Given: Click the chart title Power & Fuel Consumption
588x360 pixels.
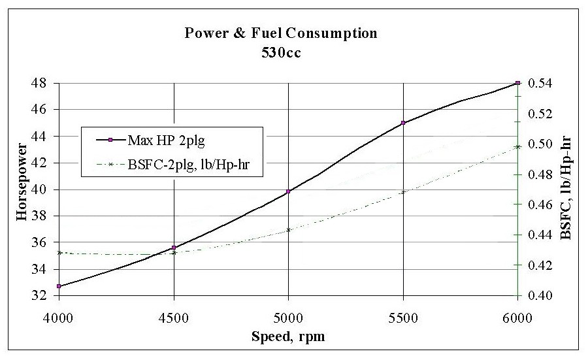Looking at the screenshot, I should coord(280,32).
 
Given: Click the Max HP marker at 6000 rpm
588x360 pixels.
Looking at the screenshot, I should coord(517,83).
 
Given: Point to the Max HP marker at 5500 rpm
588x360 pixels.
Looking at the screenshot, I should coord(403,123).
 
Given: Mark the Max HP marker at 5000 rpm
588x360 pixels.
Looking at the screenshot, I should coord(288,191).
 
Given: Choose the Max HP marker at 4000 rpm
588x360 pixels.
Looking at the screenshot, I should coord(59,286).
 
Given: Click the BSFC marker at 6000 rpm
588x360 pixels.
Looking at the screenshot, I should coord(517,146).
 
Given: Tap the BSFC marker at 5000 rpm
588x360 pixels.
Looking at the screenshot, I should coord(288,230).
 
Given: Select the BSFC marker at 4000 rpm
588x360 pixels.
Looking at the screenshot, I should coord(59,252).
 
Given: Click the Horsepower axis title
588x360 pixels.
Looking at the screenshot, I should coord(22,189).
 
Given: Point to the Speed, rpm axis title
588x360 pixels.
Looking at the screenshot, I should coord(288,336).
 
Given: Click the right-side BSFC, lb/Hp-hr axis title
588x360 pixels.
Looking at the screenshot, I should coord(566,189).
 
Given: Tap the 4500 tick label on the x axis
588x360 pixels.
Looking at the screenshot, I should coord(173,314).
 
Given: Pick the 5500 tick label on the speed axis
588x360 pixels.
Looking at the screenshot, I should coord(403,314).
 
